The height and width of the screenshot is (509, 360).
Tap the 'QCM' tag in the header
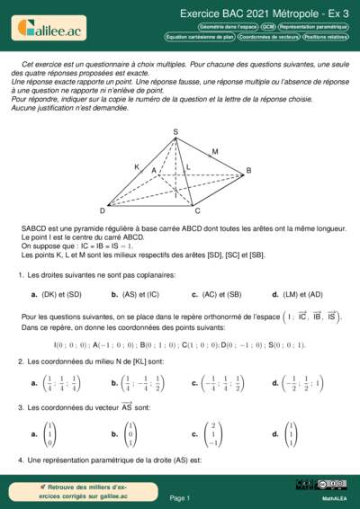[268, 28]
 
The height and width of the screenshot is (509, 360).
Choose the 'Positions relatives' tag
[325, 38]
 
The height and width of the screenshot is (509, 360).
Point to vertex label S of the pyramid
[175, 133]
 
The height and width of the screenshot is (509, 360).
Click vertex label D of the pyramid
[102, 210]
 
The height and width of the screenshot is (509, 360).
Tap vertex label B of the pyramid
[248, 171]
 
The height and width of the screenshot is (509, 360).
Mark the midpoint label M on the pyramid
[214, 151]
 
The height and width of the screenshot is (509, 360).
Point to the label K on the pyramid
[137, 167]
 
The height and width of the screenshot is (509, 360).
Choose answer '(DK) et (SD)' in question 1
[61, 294]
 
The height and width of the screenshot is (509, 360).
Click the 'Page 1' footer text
[179, 497]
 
